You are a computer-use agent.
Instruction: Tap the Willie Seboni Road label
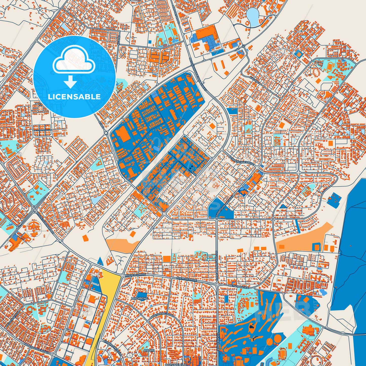(46, 222)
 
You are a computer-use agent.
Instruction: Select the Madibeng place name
(139, 298)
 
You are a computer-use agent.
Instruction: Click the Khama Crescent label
(112, 348)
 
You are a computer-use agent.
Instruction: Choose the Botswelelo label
(173, 364)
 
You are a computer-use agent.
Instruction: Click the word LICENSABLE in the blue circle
(74, 97)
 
